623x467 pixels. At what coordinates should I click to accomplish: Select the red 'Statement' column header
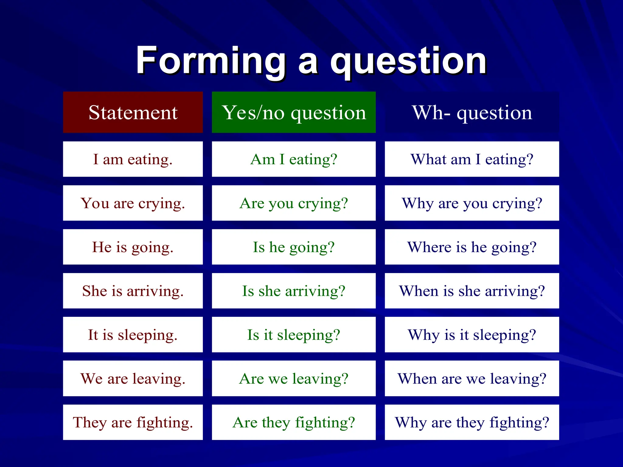tap(133, 112)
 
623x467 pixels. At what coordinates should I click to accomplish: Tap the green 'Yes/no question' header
tap(294, 112)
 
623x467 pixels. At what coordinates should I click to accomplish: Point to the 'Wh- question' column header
tap(472, 112)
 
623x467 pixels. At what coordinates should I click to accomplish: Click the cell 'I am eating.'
tap(133, 159)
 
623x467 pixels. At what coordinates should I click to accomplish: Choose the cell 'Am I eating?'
tap(294, 159)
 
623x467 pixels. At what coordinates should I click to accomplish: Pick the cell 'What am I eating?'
tap(472, 159)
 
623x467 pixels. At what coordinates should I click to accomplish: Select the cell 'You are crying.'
tap(133, 203)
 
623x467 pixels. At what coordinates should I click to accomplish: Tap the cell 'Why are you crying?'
tap(472, 203)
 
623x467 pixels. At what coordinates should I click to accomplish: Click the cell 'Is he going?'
tap(294, 247)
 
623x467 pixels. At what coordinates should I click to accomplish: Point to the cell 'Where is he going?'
tap(472, 247)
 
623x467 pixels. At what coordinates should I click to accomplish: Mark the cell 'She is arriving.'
tap(133, 291)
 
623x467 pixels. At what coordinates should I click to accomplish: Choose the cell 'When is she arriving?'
tap(472, 291)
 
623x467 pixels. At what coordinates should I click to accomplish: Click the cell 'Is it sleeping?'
tap(294, 334)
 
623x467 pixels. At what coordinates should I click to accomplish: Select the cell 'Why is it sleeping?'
tap(472, 334)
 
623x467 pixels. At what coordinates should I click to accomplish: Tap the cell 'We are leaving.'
tap(133, 379)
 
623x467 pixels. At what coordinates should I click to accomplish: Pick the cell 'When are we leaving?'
tap(472, 379)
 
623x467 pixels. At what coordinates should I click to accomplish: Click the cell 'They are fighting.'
tap(133, 422)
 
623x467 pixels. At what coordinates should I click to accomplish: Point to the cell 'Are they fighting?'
tap(294, 422)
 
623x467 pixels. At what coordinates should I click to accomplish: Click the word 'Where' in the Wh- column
tap(429, 247)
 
